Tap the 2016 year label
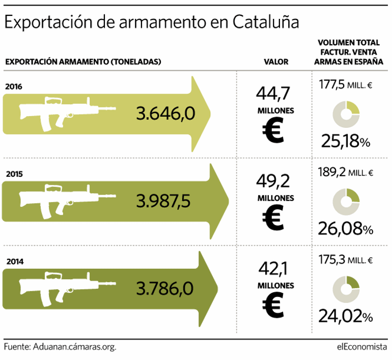click(14, 86)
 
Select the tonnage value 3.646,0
click(166, 113)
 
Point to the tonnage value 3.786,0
click(165, 289)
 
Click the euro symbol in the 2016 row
click(274, 131)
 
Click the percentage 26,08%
click(346, 229)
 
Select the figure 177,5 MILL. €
click(346, 85)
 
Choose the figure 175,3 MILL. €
click(346, 260)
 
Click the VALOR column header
click(276, 62)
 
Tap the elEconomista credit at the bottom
click(361, 347)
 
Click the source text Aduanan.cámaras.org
click(74, 347)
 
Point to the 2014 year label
click(14, 262)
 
